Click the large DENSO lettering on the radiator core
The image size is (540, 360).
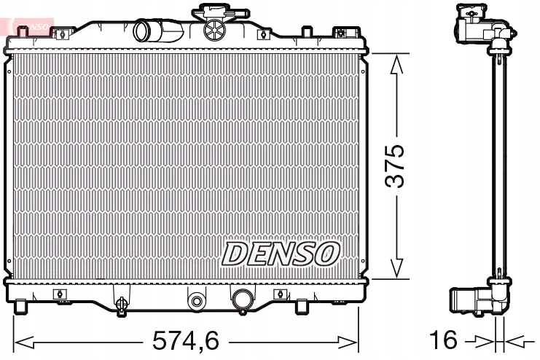point(281,253)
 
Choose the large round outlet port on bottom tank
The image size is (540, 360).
point(241,299)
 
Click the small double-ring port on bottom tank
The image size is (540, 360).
point(196,300)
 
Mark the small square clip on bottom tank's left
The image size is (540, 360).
point(58,294)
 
